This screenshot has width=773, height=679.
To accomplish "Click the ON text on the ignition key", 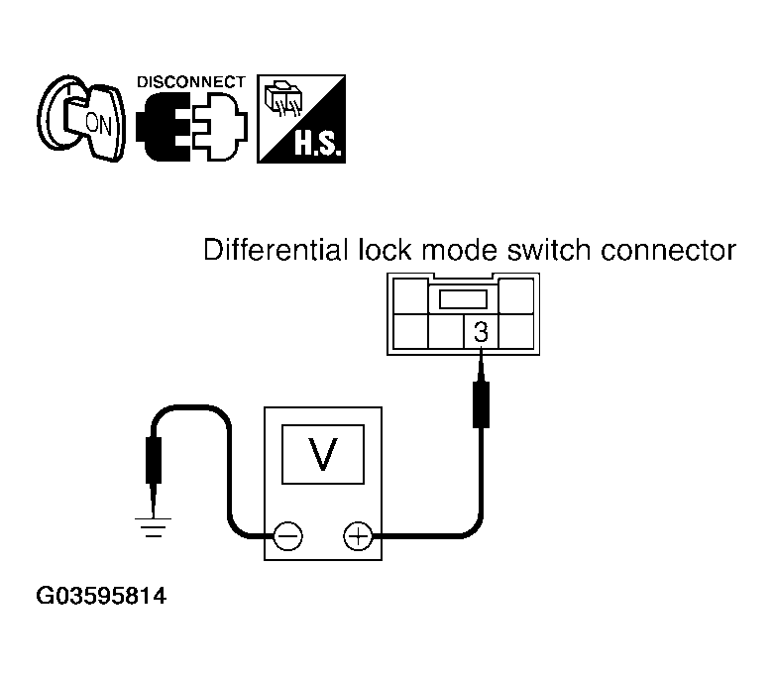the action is pyautogui.click(x=98, y=124).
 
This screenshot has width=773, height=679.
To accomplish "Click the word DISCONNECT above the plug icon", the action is pyautogui.click(x=191, y=82).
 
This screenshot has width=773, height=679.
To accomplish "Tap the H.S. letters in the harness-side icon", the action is pyautogui.click(x=317, y=144).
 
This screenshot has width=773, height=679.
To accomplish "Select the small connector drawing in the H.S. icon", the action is pyautogui.click(x=283, y=97).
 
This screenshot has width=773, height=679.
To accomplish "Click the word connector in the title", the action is pyautogui.click(x=669, y=251).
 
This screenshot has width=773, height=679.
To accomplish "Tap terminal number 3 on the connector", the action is pyautogui.click(x=481, y=332).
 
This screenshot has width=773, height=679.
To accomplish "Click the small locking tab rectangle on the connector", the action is pyautogui.click(x=463, y=299).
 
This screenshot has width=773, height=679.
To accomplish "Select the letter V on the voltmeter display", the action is pyautogui.click(x=323, y=454).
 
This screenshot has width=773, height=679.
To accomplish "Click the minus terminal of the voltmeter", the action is pyautogui.click(x=288, y=536).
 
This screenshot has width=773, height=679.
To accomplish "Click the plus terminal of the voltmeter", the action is pyautogui.click(x=358, y=536).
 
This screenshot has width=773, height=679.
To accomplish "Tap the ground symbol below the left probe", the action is pyautogui.click(x=153, y=527).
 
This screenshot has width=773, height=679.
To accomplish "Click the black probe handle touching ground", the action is pyautogui.click(x=154, y=461).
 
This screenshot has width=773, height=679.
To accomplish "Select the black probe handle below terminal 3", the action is pyautogui.click(x=481, y=404).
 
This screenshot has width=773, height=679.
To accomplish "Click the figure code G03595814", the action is pyautogui.click(x=101, y=596).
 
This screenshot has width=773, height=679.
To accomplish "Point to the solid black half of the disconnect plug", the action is pyautogui.click(x=164, y=127).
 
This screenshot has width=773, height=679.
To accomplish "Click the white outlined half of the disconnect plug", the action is pyautogui.click(x=219, y=127).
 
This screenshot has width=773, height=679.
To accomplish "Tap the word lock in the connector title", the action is pyautogui.click(x=384, y=250).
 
